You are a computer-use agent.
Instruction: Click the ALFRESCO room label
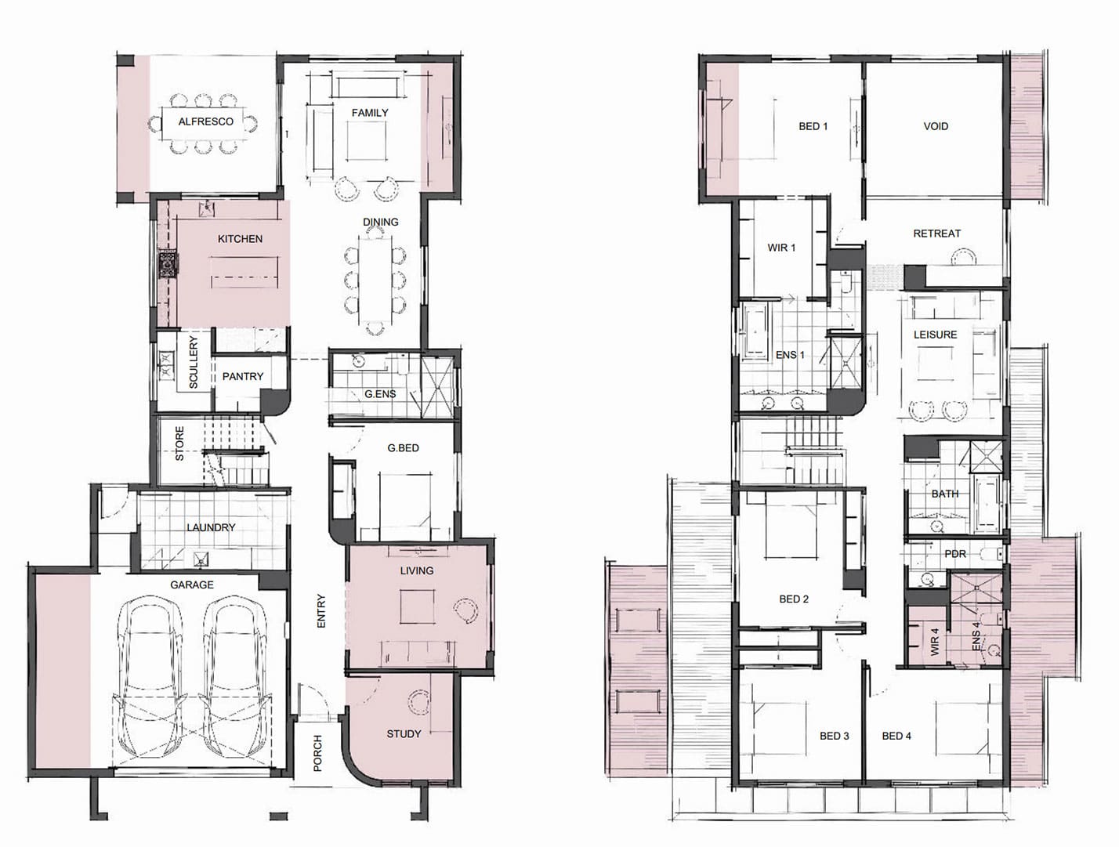click(206, 121)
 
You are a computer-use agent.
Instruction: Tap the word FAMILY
click(370, 113)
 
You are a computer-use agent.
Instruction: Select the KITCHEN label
click(240, 238)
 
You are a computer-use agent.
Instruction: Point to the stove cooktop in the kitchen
click(167, 264)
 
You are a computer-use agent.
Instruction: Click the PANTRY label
click(243, 376)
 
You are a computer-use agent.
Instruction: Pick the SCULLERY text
click(194, 362)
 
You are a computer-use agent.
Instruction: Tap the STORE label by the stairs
click(179, 444)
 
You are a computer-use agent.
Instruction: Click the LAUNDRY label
click(211, 527)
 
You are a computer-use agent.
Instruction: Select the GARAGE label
click(192, 585)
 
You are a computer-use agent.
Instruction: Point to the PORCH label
click(317, 753)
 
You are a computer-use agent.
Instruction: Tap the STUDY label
click(404, 734)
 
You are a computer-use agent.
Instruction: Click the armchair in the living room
click(466, 610)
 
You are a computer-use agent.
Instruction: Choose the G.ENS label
click(380, 394)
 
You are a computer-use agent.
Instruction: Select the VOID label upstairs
click(936, 126)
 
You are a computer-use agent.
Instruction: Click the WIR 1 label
click(781, 248)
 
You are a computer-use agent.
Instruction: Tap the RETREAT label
click(937, 233)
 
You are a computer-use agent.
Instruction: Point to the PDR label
click(955, 553)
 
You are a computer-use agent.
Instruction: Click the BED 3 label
click(835, 736)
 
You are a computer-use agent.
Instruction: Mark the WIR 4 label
click(934, 642)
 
